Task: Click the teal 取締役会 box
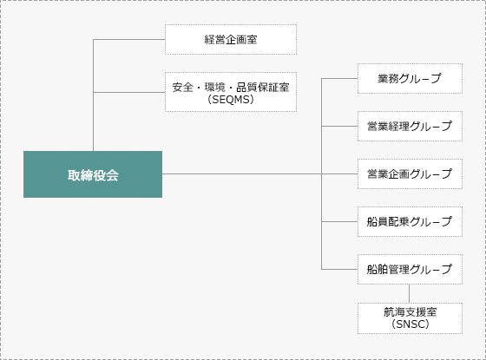pyautogui.click(x=93, y=174)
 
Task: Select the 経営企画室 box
pyautogui.click(x=231, y=39)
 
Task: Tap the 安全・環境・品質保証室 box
pyautogui.click(x=231, y=92)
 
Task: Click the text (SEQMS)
pyautogui.click(x=231, y=100)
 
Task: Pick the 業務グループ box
pyautogui.click(x=410, y=78)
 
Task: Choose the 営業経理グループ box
pyautogui.click(x=410, y=126)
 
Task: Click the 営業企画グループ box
pyautogui.click(x=410, y=173)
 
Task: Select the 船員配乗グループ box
pyautogui.click(x=410, y=221)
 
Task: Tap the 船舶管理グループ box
pyautogui.click(x=410, y=269)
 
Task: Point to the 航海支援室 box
pyautogui.click(x=410, y=318)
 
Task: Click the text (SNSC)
pyautogui.click(x=410, y=324)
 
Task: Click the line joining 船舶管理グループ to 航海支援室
pyautogui.click(x=409, y=293)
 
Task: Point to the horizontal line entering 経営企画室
pyautogui.click(x=129, y=39)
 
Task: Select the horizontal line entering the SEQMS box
pyautogui.click(x=129, y=92)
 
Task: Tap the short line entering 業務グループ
pyautogui.click(x=339, y=78)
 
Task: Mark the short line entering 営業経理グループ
pyautogui.click(x=339, y=126)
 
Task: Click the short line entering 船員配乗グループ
pyautogui.click(x=339, y=221)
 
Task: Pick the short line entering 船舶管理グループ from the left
pyautogui.click(x=339, y=269)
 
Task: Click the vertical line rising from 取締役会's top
pyautogui.click(x=94, y=95)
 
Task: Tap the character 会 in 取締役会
pyautogui.click(x=112, y=175)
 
